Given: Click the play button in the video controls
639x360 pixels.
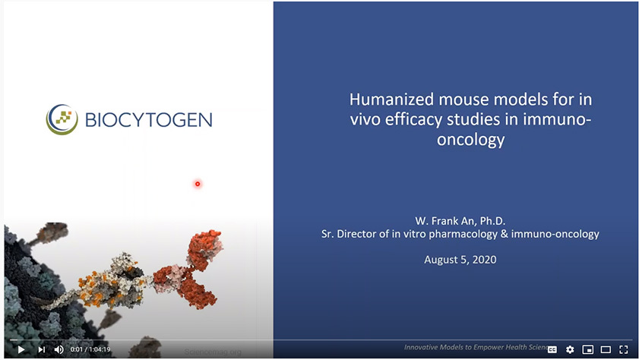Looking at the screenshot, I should (x=21, y=349).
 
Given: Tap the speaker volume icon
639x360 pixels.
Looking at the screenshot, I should (x=59, y=349).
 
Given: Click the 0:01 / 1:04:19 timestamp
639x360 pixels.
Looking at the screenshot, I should (x=90, y=349).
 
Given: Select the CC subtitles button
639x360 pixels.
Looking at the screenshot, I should (x=552, y=349).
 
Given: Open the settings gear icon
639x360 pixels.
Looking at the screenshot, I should (x=570, y=349).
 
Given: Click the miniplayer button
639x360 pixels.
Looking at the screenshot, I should (x=587, y=349).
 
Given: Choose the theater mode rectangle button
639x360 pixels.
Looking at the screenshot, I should (x=606, y=349).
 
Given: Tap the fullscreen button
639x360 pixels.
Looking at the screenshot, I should (x=623, y=349).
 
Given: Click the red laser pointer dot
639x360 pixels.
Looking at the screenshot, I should (x=198, y=184).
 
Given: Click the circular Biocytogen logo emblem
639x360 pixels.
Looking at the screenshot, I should (x=61, y=119).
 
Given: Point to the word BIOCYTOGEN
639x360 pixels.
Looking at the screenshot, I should (x=147, y=120).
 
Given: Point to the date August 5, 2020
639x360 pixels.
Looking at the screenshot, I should (x=460, y=259).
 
